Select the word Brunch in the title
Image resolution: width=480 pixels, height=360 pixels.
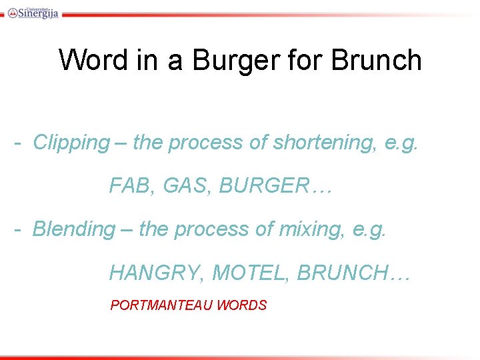click(x=376, y=60)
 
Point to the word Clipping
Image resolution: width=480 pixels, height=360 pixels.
click(x=71, y=142)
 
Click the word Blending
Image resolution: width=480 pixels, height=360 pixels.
click(x=74, y=229)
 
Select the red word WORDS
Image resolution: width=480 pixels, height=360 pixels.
click(x=241, y=305)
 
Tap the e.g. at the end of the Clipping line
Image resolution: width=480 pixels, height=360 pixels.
click(x=402, y=142)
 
